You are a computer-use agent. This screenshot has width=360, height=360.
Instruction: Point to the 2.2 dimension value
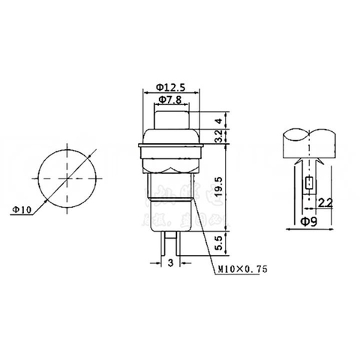click(325, 200)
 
